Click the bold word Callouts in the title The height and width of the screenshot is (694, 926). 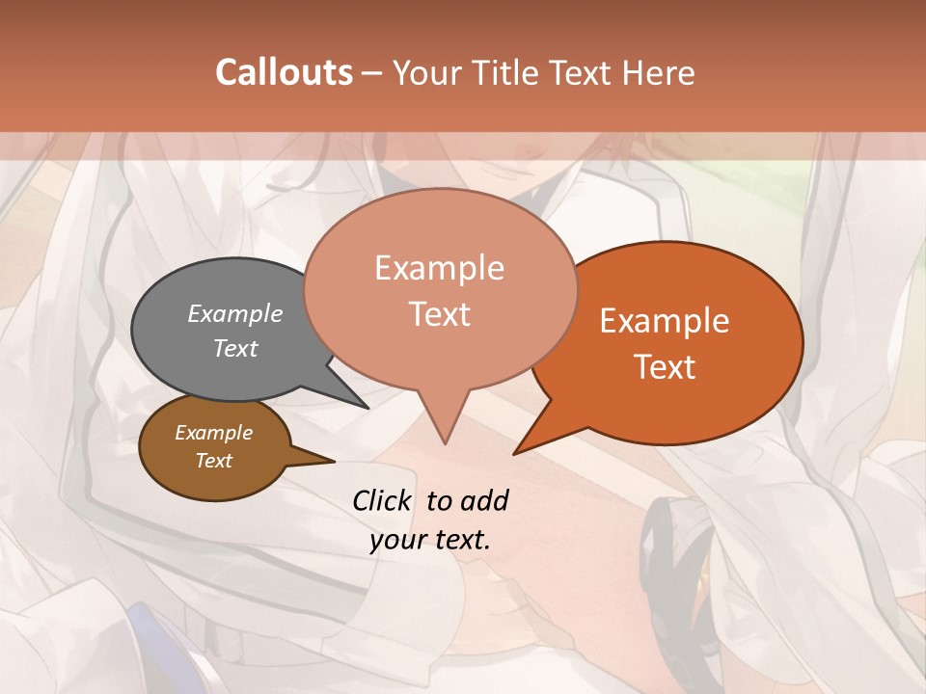pos(284,72)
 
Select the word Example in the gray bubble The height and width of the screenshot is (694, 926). pos(235,313)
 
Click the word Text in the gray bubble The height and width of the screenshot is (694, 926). pos(235,348)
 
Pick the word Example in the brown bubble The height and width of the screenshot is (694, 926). pos(214,433)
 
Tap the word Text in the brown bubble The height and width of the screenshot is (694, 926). pos(214,461)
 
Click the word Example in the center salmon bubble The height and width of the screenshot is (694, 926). pos(440,268)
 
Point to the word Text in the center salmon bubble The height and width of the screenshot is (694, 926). pos(440,314)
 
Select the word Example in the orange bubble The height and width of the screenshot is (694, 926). pos(665,321)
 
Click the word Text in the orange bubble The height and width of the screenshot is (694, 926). pos(665,367)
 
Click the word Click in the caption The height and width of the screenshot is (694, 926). pos(382,500)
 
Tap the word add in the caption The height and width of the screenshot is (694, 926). pos(485,500)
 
